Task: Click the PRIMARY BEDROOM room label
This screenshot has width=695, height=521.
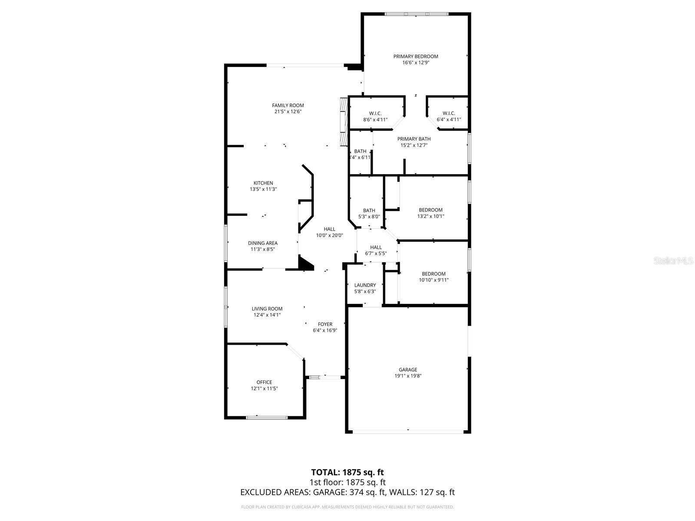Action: pos(416,56)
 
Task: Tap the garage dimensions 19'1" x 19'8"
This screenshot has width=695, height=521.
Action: pos(408,376)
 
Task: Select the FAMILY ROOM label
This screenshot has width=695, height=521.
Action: pos(288,106)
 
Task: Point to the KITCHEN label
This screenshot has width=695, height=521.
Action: pos(263,183)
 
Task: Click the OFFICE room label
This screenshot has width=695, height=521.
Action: pos(264,383)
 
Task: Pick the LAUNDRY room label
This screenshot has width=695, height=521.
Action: pos(365,285)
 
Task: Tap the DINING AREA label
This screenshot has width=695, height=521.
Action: pos(263,243)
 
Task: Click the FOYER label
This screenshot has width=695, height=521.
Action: pos(325,324)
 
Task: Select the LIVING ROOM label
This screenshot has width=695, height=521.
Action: pos(267,309)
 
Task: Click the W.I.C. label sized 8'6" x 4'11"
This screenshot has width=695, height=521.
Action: pos(375,113)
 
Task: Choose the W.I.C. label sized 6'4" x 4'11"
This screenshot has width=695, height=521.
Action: pos(449,113)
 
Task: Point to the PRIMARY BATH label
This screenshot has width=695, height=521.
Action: pos(414,139)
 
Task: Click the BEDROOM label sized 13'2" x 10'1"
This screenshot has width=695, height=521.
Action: pos(430,210)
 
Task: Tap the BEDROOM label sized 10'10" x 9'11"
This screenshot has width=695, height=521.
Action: pos(434,274)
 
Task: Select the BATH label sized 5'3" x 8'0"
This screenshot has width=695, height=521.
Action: pos(369,211)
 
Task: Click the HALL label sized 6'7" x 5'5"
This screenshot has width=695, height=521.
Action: pos(376,247)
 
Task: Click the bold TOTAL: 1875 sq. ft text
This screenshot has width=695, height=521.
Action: pos(347,472)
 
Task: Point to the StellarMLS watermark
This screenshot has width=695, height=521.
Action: pos(673,261)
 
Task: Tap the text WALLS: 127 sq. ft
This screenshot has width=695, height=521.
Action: pos(422,492)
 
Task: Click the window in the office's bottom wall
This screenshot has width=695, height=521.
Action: pos(267,418)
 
